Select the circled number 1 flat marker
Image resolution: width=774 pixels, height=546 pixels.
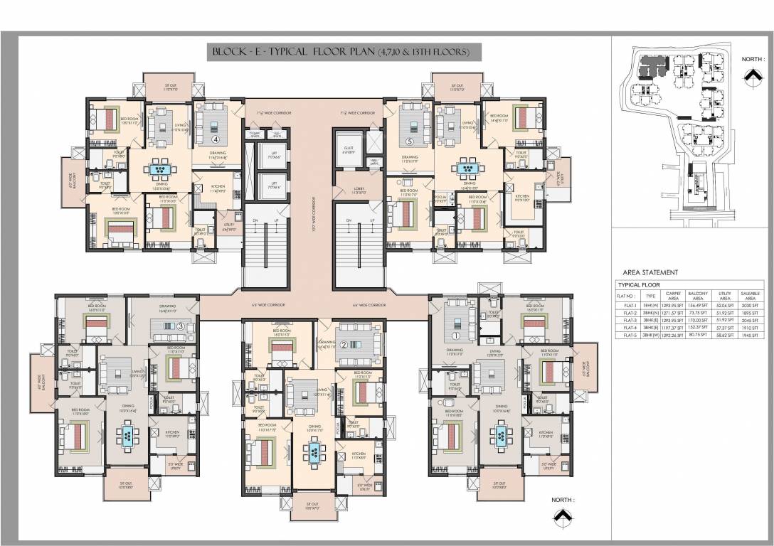pos(455,336)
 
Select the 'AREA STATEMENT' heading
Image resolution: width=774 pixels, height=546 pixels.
pos(650,272)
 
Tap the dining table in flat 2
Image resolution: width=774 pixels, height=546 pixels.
pos(314,451)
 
